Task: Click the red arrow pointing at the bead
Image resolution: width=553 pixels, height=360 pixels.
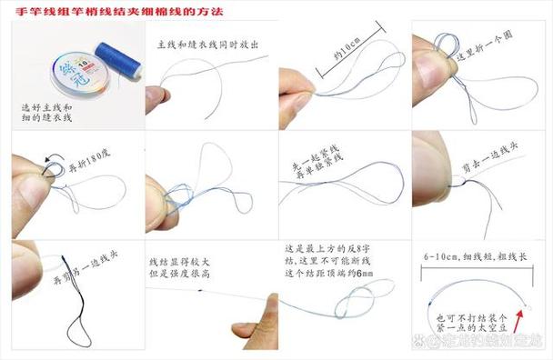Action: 531,321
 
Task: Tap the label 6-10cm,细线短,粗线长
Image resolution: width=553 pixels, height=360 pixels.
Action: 476,258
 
